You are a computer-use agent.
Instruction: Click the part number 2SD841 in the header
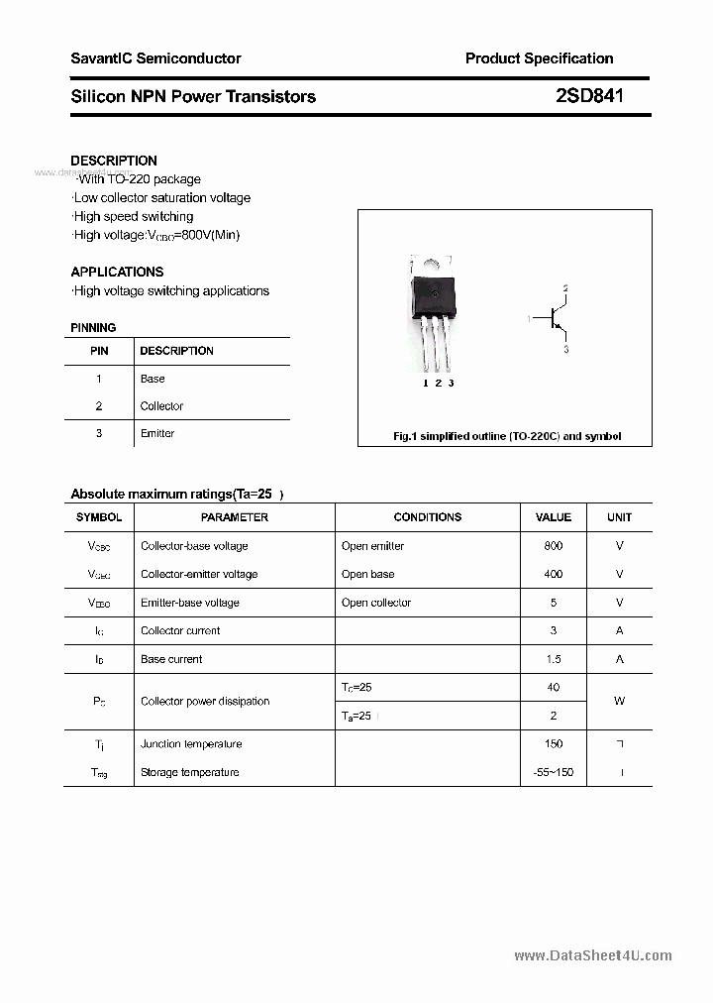tap(589, 96)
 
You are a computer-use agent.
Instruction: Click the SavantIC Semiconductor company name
tap(155, 58)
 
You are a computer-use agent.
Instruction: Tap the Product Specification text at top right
tap(539, 58)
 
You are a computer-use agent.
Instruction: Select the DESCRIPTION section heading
tap(114, 161)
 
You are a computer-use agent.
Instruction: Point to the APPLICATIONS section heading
tap(117, 272)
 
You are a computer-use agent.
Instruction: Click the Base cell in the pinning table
tap(153, 379)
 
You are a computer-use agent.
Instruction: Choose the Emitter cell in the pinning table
tap(157, 433)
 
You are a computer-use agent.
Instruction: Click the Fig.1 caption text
tap(507, 436)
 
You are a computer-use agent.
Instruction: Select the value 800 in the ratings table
tap(554, 546)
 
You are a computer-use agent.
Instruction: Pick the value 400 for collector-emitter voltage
tap(554, 574)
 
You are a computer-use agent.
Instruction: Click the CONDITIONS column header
tap(427, 517)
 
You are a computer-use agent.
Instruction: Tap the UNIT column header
tap(620, 517)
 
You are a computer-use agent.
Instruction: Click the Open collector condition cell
tap(376, 603)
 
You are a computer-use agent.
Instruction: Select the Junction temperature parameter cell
tap(191, 744)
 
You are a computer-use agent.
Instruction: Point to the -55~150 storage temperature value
tap(554, 772)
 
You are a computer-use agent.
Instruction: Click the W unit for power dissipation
tap(620, 701)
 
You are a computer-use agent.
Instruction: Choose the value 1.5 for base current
tap(554, 659)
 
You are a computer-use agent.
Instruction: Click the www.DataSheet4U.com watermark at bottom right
tap(593, 955)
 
